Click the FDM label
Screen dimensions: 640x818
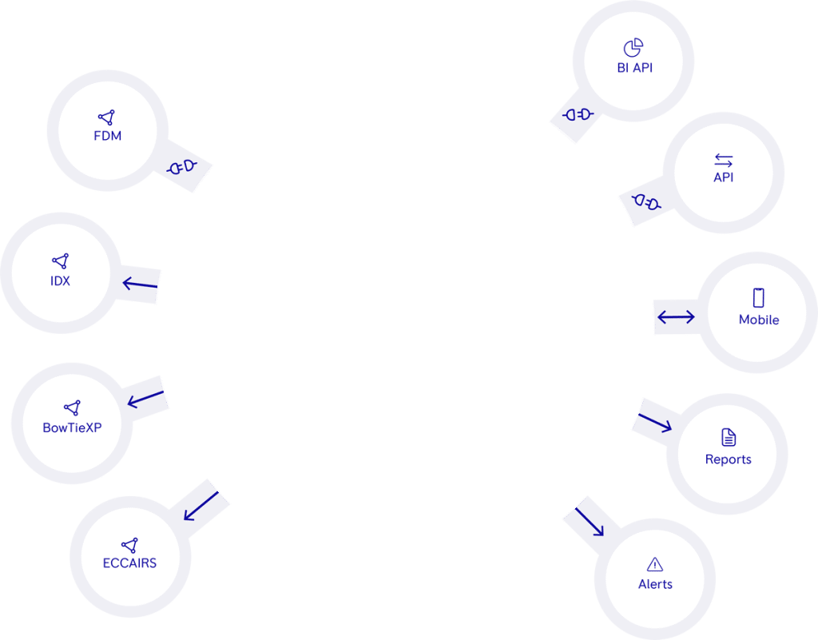[107, 136]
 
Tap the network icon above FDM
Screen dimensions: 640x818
[107, 117]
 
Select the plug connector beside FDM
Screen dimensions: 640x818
[182, 167]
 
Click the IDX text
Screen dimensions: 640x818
[60, 280]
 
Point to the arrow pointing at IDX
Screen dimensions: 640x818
[140, 283]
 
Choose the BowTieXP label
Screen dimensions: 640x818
[72, 427]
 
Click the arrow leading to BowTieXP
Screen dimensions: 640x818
[145, 397]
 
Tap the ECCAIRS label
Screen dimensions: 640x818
[129, 562]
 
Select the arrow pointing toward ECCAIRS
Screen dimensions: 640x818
[201, 505]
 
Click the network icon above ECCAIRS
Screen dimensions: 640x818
[129, 544]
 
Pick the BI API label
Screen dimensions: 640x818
[635, 68]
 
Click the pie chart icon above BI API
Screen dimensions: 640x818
[633, 47]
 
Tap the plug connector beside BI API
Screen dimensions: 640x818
[578, 115]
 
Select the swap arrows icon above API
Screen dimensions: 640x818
[723, 160]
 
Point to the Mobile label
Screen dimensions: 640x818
[759, 320]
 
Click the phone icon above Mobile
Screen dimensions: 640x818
[758, 297]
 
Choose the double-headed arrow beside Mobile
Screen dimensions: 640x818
[676, 317]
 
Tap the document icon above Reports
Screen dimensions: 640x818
[729, 437]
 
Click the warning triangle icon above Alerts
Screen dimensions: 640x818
[655, 563]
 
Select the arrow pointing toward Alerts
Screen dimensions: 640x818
[590, 520]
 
